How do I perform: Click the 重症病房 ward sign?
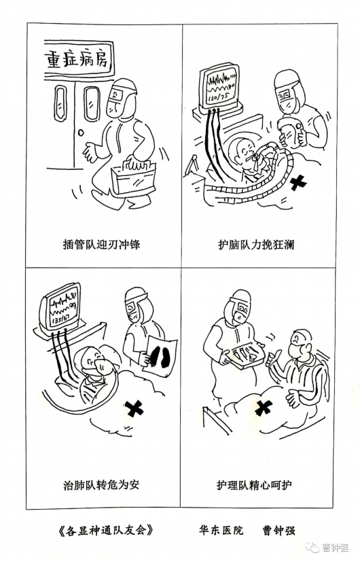[x=77, y=60]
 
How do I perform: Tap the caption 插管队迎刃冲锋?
[x=101, y=245]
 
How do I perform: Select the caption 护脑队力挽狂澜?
[x=256, y=245]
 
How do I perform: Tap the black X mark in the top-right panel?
[x=298, y=183]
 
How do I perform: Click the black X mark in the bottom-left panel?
[x=134, y=408]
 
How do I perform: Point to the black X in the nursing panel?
[x=264, y=408]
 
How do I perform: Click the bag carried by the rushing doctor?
[x=133, y=178]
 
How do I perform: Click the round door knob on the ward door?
[x=82, y=133]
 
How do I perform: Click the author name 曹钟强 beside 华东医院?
[x=278, y=530]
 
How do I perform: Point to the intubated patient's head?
[x=242, y=149]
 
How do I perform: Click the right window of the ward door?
[x=91, y=103]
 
